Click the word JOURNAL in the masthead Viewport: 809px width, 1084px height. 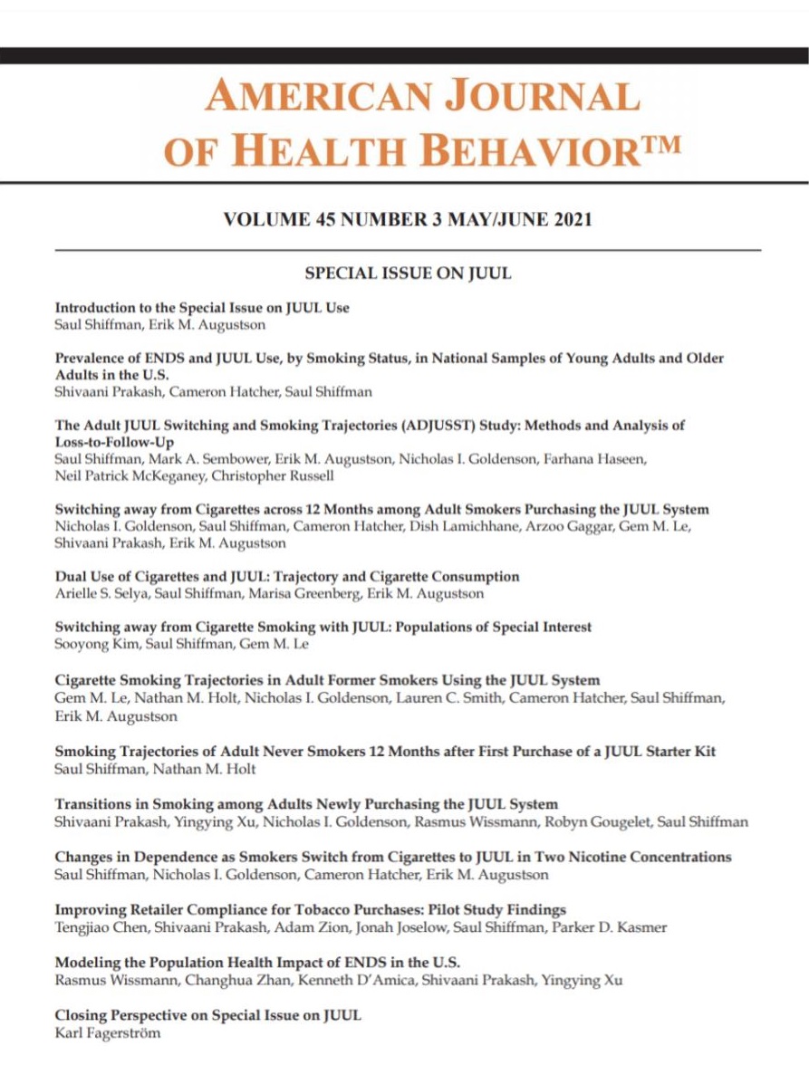[x=541, y=96]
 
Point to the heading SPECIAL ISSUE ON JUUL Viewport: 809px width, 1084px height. [x=408, y=273]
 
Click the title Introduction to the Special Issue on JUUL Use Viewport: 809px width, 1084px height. [x=202, y=307]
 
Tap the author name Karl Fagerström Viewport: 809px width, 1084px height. [x=108, y=1032]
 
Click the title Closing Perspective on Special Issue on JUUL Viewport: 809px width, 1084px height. [x=208, y=1015]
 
